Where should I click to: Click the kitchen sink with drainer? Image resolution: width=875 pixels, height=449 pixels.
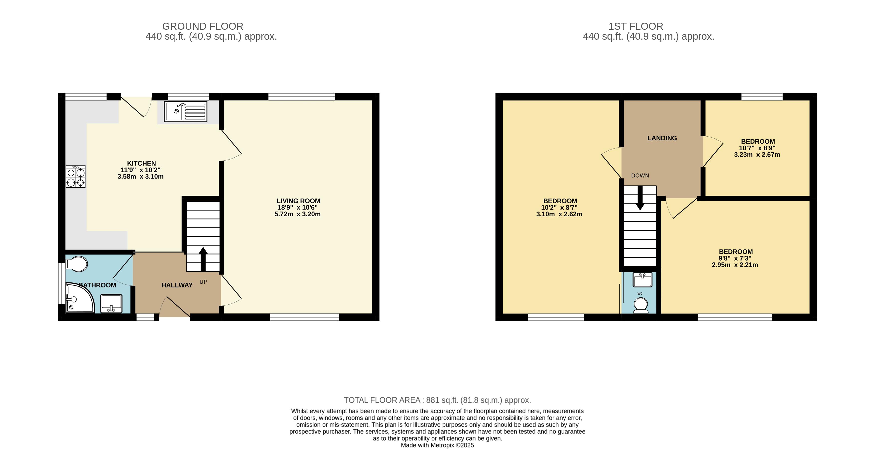tap(185, 111)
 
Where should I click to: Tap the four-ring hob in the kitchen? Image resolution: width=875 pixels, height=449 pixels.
tap(75, 176)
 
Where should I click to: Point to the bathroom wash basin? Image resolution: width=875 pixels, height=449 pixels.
tap(111, 303)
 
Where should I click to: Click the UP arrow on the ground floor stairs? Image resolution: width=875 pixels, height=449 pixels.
tap(203, 258)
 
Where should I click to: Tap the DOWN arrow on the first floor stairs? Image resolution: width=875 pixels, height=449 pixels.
tap(640, 199)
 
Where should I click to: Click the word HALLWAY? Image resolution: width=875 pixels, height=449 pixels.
tap(177, 285)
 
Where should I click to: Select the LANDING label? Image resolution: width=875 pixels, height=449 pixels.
tap(662, 138)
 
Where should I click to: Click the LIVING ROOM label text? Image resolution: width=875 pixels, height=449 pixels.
tap(298, 201)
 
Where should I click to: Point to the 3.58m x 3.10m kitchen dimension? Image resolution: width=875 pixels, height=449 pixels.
tap(140, 176)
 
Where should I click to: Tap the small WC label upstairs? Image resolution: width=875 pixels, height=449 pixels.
tap(640, 294)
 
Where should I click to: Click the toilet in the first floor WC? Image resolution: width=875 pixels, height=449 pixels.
tap(641, 305)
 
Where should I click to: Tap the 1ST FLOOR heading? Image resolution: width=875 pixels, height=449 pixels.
tap(635, 26)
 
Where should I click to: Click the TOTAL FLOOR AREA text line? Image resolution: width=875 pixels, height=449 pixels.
tap(437, 400)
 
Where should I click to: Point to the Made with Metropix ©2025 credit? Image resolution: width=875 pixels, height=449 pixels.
tap(437, 445)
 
